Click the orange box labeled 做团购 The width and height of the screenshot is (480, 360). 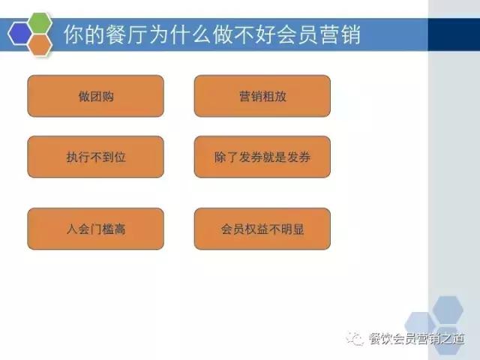point(95,96)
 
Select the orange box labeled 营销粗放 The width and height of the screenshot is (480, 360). point(262,96)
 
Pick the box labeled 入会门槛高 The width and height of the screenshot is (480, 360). point(95,229)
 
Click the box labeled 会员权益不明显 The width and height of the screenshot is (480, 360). point(262,229)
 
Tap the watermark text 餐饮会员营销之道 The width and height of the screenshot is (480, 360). point(417,340)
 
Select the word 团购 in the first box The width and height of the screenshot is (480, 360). point(101,96)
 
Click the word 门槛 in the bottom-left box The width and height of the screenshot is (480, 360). point(101,229)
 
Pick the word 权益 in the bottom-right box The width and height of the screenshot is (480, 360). point(262,229)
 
